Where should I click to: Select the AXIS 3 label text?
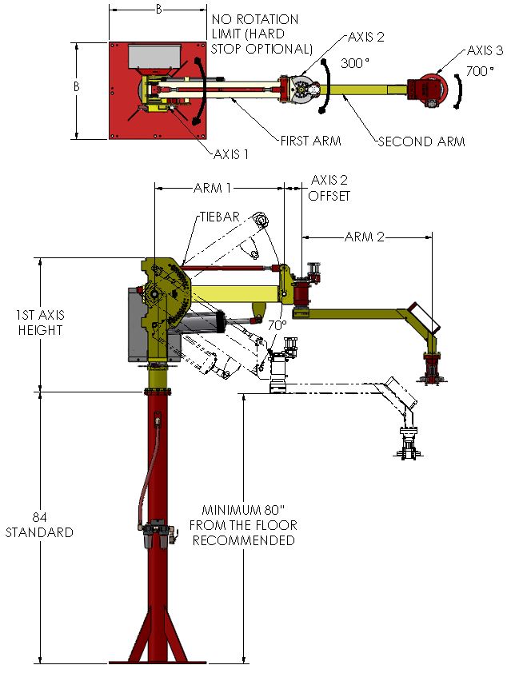(x=485, y=50)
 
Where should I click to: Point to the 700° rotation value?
(x=479, y=70)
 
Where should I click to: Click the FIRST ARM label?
(x=310, y=141)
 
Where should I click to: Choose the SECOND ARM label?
(x=421, y=141)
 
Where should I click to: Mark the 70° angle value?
(x=277, y=326)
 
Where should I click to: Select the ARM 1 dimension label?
(x=213, y=189)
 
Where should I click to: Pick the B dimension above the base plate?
(x=158, y=10)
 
